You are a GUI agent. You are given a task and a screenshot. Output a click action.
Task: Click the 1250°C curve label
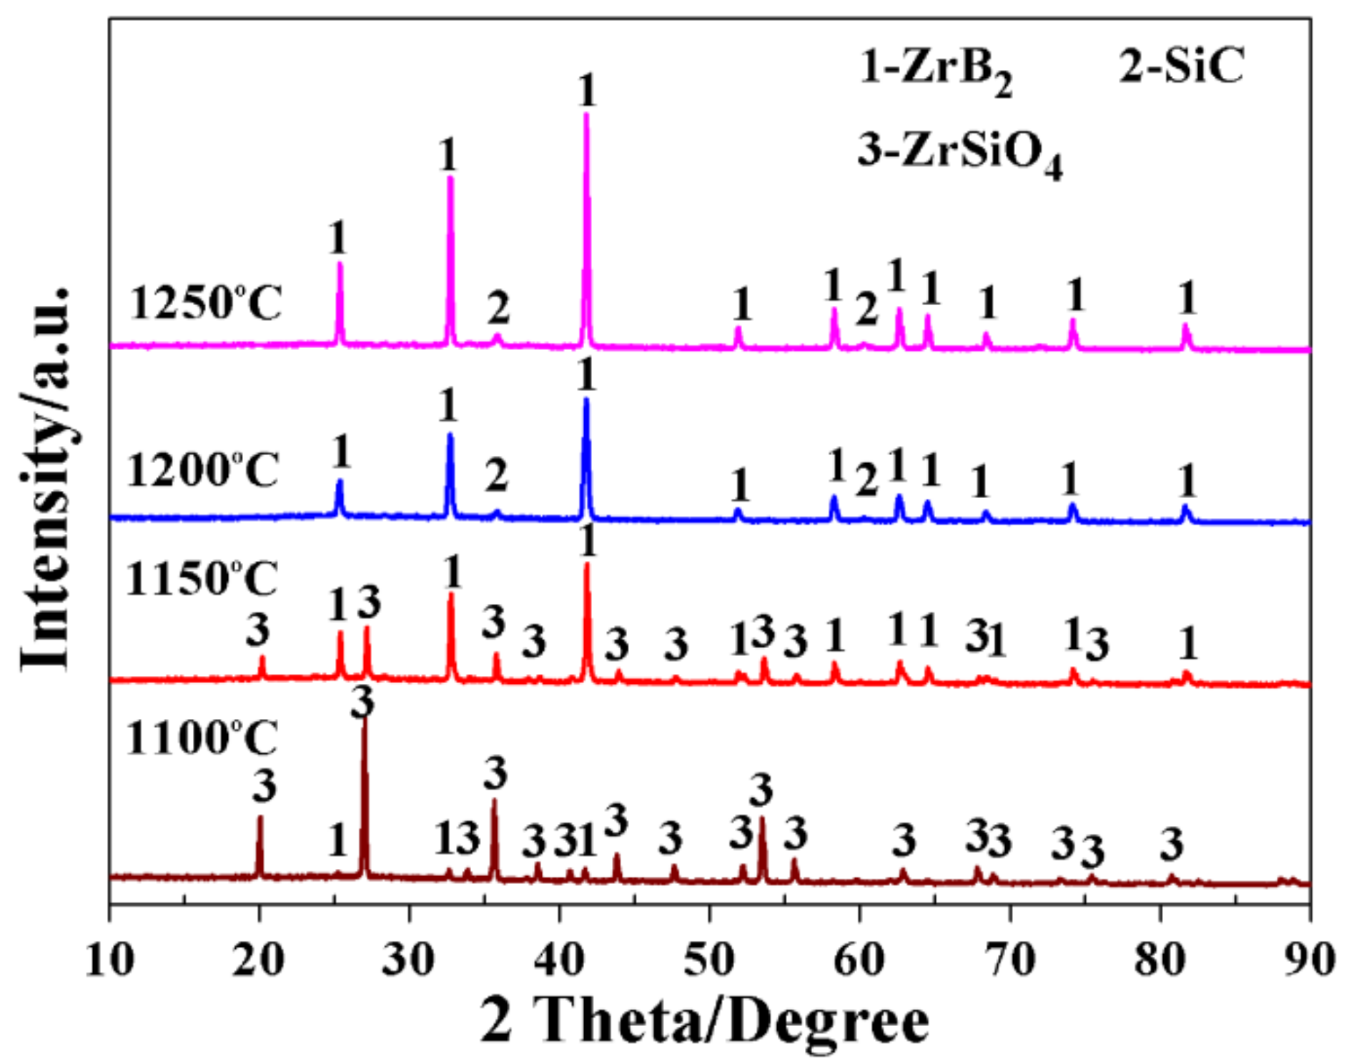[206, 302]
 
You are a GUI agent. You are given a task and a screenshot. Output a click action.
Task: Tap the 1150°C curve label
[202, 578]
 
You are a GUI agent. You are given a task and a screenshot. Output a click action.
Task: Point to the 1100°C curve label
[202, 737]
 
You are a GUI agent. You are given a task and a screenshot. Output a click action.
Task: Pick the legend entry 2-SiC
[1181, 65]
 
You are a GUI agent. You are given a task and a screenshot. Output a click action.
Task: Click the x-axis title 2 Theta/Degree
[704, 1021]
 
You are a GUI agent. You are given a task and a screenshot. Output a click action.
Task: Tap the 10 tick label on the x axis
[109, 959]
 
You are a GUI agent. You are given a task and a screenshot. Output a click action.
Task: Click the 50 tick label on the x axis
[709, 959]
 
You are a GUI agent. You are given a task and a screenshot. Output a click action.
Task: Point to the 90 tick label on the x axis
[1309, 959]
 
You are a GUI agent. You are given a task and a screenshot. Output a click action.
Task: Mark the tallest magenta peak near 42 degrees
[586, 114]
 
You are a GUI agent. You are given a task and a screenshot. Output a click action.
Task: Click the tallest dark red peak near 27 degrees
[365, 718]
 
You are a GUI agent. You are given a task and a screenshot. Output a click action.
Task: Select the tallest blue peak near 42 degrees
[586, 400]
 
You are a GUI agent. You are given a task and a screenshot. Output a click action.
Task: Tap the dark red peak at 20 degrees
[260, 818]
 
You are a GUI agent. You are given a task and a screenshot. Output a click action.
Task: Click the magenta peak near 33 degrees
[450, 179]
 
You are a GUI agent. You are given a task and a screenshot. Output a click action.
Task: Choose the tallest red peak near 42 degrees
[587, 565]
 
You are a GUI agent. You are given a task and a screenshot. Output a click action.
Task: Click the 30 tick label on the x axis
[410, 959]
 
